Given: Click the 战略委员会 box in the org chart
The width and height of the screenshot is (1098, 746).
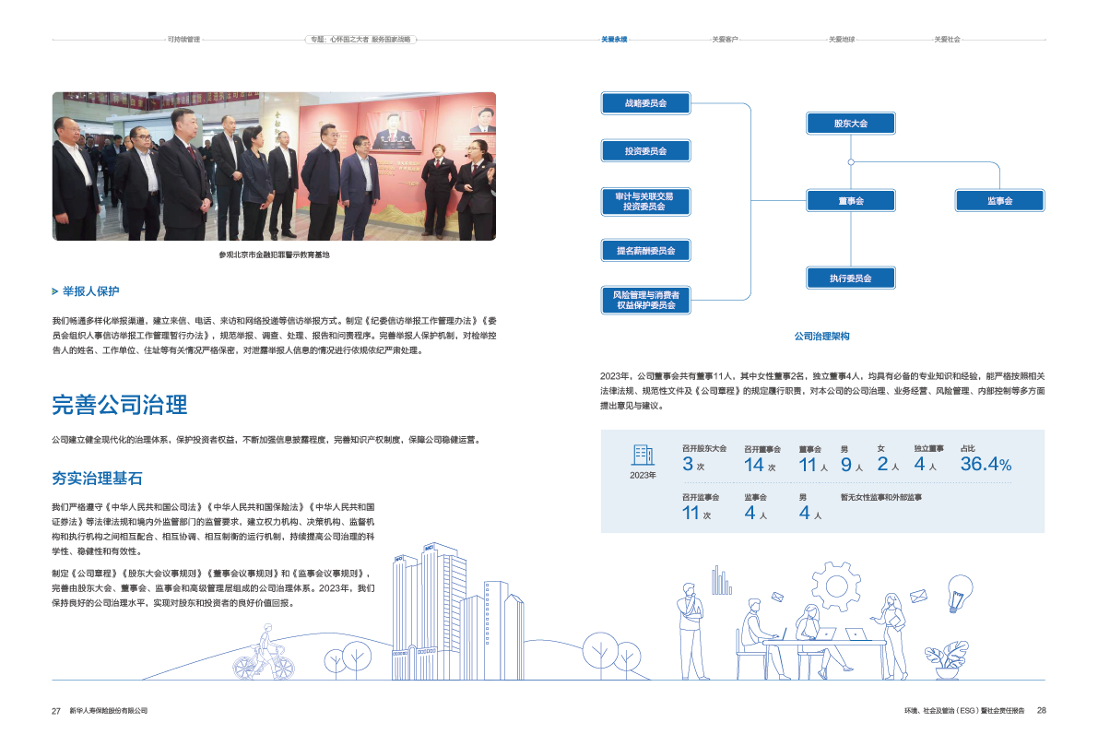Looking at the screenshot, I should (645, 103).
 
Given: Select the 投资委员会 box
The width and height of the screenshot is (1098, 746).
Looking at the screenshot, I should (645, 150).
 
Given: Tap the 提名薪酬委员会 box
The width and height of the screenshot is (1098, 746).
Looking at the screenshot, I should (645, 250).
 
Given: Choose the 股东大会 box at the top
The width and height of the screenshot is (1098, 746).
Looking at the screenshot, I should (850, 123).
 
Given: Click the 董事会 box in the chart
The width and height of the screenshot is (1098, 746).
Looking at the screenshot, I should (850, 200).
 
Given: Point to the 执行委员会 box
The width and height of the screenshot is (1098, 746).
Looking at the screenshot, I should (850, 278).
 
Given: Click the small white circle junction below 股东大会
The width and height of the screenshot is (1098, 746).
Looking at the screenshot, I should (851, 161).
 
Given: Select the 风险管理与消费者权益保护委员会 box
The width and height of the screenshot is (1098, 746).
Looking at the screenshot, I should (645, 300).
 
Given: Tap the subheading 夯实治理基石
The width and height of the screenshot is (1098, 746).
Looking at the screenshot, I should (97, 478).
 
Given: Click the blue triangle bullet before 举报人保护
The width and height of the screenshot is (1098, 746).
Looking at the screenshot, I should (55, 291).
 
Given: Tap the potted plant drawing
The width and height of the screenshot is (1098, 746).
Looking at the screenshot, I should (947, 658).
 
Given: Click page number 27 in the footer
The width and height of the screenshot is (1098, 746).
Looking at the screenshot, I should (55, 711).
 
